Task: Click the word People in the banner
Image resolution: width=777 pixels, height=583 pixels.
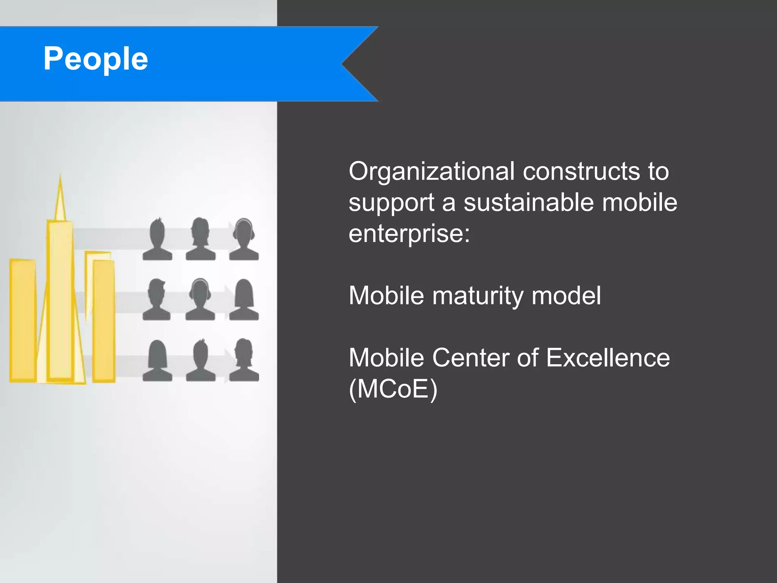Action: pos(96,59)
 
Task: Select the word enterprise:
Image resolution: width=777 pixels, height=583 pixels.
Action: pos(409,233)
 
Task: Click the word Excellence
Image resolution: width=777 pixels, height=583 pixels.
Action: pos(608,358)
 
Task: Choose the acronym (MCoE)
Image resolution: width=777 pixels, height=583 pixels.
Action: pos(393,389)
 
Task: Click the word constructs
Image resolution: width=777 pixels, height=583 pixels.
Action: pos(581,172)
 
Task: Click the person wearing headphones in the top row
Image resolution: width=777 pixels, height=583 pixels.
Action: pos(244,239)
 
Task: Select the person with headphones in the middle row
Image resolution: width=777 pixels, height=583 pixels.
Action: pos(200,300)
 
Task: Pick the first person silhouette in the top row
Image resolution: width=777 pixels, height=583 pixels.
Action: pos(157,239)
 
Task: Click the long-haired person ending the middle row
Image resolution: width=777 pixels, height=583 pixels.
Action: pos(244,300)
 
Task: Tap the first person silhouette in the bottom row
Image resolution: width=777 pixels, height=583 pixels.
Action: pos(157,361)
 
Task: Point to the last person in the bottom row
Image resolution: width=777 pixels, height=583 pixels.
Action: pos(244,361)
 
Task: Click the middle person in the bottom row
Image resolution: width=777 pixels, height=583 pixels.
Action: pos(200,361)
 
